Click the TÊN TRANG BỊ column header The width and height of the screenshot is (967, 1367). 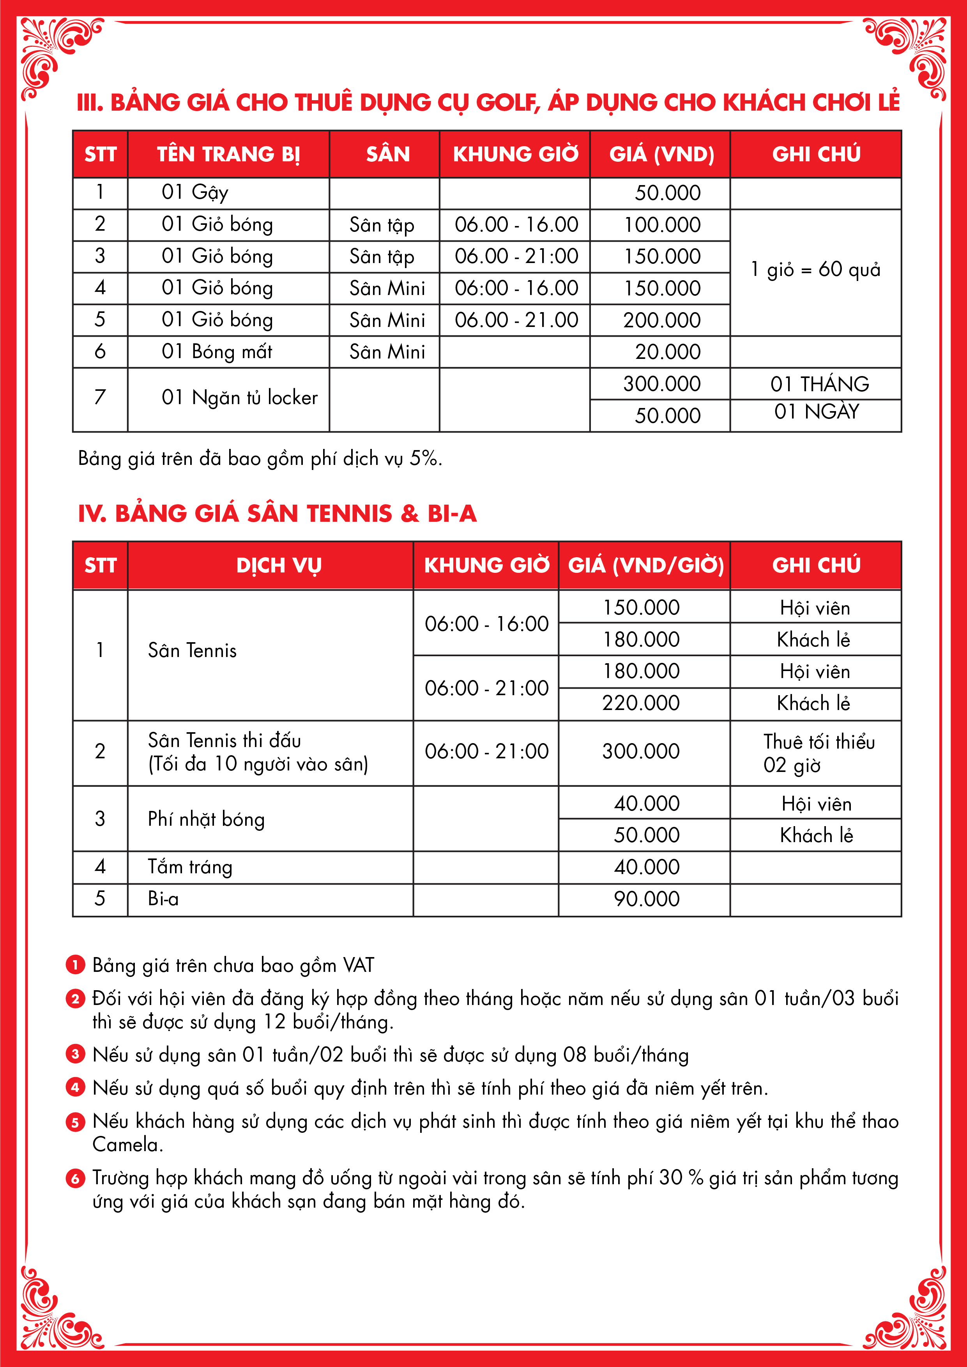(228, 154)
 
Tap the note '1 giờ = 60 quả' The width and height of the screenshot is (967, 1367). (815, 270)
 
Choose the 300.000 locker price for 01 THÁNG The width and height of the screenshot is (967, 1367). (661, 384)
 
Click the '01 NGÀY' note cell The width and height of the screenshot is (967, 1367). (816, 412)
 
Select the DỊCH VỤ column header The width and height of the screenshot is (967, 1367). (279, 565)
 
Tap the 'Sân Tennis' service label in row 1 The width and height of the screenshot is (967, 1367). (192, 650)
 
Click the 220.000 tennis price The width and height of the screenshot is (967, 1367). (641, 703)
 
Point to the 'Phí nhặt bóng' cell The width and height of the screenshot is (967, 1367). (206, 819)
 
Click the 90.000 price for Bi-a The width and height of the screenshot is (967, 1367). (646, 899)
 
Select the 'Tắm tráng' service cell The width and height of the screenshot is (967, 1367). (190, 867)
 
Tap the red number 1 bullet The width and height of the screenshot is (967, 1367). (75, 964)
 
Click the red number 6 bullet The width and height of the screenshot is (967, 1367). (75, 1178)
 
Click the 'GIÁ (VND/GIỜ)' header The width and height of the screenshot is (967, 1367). (645, 565)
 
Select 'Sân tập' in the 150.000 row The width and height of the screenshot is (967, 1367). (382, 257)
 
